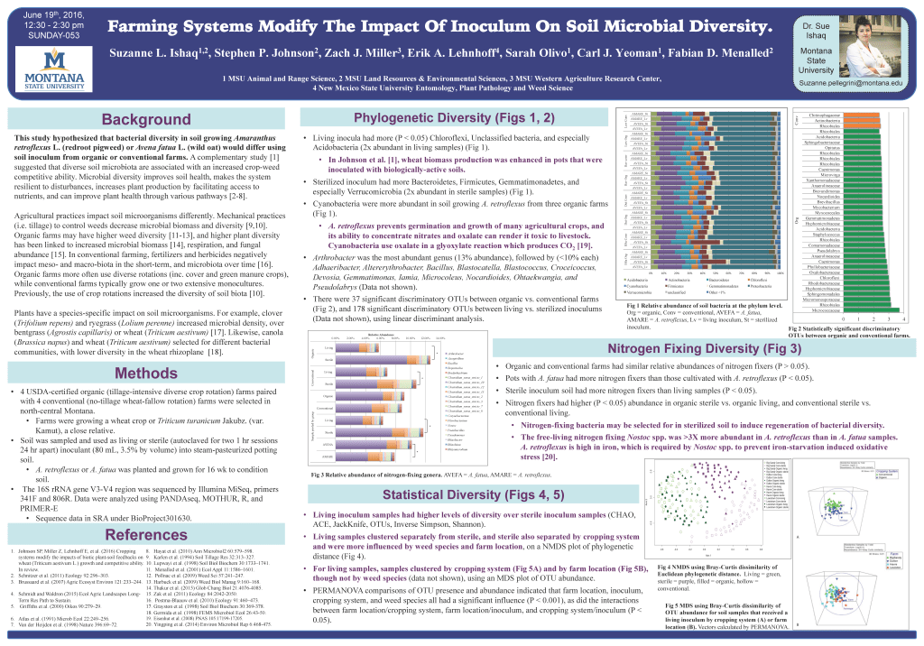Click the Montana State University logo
click(56, 69)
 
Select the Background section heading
click(145, 120)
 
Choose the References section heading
click(145, 535)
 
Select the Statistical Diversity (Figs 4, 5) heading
click(474, 494)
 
